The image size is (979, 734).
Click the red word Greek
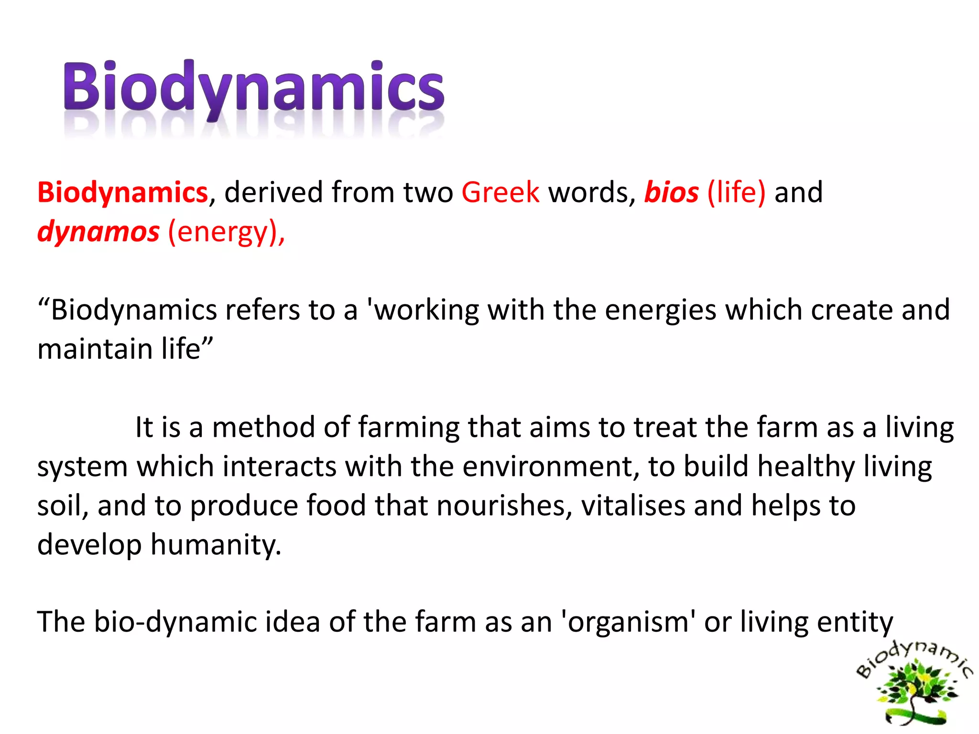click(x=500, y=192)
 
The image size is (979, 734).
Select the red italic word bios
click(x=671, y=192)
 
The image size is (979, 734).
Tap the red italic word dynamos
click(x=98, y=232)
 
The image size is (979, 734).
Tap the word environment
click(x=550, y=466)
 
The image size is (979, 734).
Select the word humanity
click(x=216, y=545)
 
